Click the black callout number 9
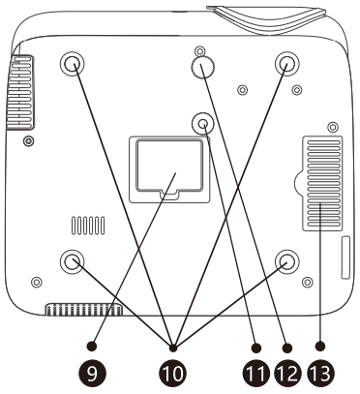click(92, 374)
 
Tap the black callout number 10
click(172, 374)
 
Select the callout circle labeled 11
click(255, 374)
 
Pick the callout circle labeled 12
click(287, 374)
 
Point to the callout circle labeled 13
click(321, 374)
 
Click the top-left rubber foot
click(72, 63)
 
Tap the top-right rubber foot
click(286, 63)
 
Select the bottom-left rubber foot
click(72, 261)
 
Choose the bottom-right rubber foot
click(286, 261)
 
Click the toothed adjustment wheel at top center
click(203, 68)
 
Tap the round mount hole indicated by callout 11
click(202, 123)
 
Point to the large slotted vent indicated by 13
click(322, 183)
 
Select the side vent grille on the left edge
click(20, 92)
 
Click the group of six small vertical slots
click(88, 226)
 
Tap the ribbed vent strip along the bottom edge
click(84, 310)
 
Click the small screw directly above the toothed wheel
click(200, 50)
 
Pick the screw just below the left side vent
click(29, 140)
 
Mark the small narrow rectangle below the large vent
click(345, 258)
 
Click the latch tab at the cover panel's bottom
click(168, 193)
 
